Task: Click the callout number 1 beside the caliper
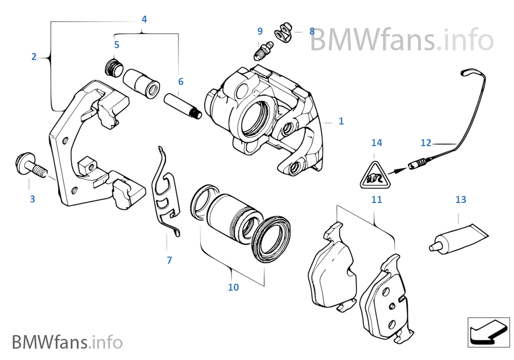click(341, 121)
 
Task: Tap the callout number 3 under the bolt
click(32, 199)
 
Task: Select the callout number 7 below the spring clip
click(169, 260)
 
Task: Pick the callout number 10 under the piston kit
click(233, 287)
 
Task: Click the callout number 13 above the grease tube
click(460, 200)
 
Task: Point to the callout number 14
click(377, 143)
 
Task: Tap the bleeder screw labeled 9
click(263, 50)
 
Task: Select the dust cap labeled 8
click(283, 32)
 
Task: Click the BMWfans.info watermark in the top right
click(401, 40)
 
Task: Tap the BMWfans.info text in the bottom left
click(67, 342)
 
